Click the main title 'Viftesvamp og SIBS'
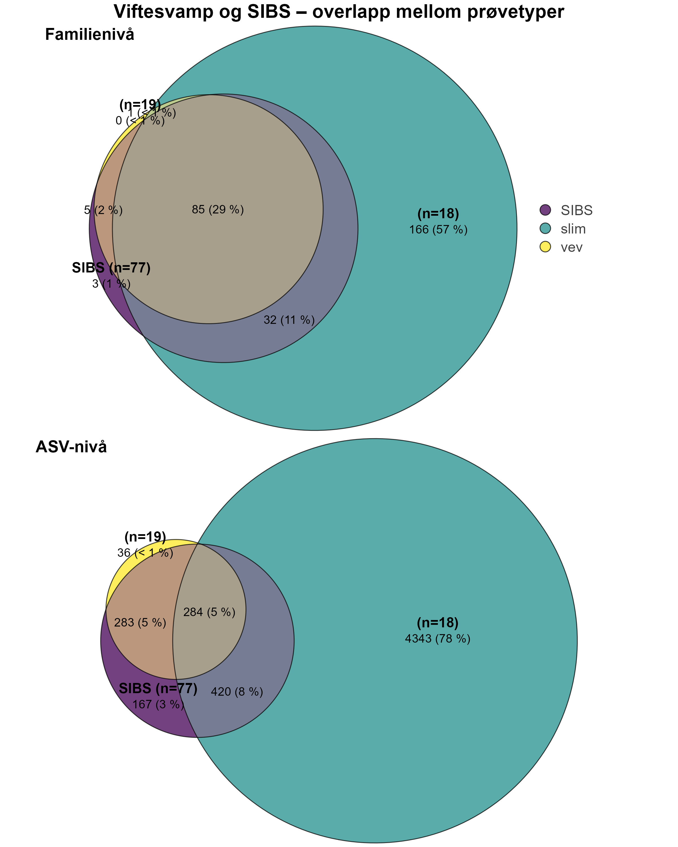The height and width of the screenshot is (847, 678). tap(339, 12)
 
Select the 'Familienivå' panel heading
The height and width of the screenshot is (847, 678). tap(90, 34)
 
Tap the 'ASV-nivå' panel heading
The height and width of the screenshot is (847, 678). tap(71, 447)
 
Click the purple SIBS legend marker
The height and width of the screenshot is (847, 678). tap(545, 210)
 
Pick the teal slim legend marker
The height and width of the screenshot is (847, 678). tap(545, 228)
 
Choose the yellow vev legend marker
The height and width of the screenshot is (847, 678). tap(545, 247)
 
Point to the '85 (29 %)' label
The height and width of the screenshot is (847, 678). tap(218, 210)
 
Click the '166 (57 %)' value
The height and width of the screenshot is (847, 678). tap(438, 230)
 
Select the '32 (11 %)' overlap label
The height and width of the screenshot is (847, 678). tap(289, 320)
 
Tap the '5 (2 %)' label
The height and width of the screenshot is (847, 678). tap(103, 210)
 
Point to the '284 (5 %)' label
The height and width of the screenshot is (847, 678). tap(209, 612)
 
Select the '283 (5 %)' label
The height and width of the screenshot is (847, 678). tap(140, 623)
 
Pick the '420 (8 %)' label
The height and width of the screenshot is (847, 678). tap(237, 692)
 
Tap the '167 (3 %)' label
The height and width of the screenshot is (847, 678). tap(158, 704)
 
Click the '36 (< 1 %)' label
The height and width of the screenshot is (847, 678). tap(145, 553)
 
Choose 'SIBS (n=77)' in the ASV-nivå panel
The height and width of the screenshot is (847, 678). tap(158, 688)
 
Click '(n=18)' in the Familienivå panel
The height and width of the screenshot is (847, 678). tap(438, 214)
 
